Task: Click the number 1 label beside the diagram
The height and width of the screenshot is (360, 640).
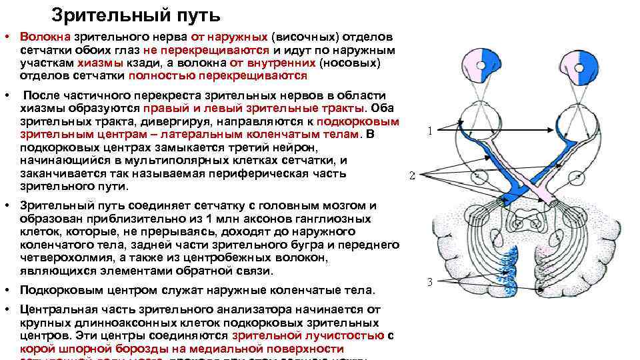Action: [430, 131]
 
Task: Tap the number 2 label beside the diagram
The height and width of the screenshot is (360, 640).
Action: [412, 176]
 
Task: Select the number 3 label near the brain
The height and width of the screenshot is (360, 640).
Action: [430, 282]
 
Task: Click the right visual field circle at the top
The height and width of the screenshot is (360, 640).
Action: [574, 65]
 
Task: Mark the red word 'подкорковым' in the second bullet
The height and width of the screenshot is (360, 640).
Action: [358, 121]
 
